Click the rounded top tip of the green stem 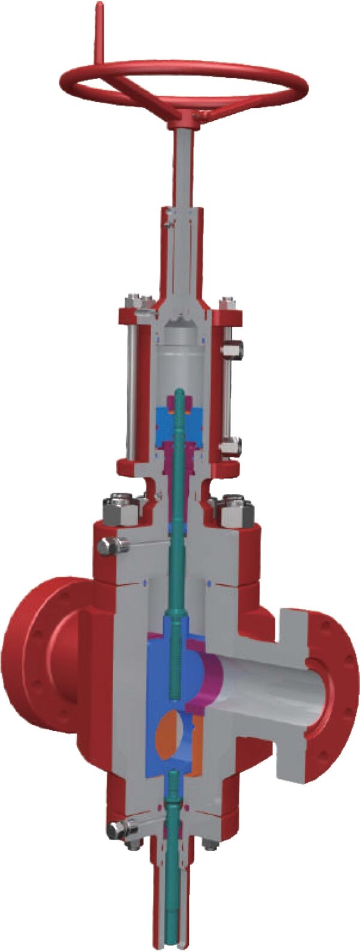(x=181, y=393)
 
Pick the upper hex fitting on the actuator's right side (x=230, y=349)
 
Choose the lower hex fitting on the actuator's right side (x=230, y=446)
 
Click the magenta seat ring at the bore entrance (x=212, y=678)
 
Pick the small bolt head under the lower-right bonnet (x=210, y=845)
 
